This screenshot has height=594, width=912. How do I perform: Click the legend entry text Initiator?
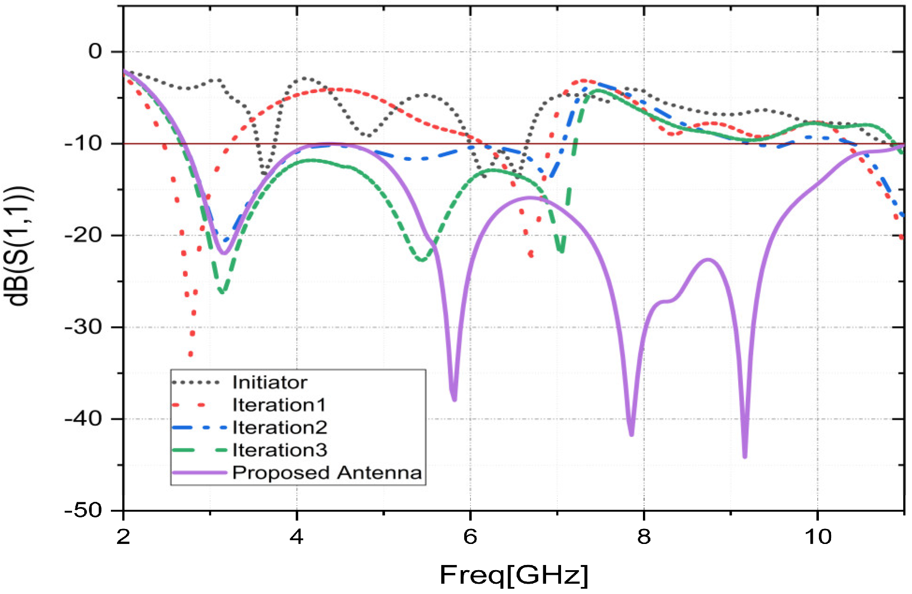[x=270, y=383]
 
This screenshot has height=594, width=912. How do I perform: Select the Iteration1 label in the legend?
[x=279, y=405]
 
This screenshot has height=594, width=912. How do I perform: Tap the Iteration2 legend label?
[x=279, y=427]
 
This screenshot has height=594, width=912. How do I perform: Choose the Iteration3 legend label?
[x=279, y=450]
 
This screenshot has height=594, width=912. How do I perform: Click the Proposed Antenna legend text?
[x=327, y=472]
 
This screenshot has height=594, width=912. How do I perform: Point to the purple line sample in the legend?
[x=199, y=472]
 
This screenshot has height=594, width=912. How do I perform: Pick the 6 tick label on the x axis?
[x=470, y=536]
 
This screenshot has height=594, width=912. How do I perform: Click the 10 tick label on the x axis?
[x=817, y=536]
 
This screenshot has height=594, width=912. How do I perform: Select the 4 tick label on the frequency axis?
[x=296, y=536]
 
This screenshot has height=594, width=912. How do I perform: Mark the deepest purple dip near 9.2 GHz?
[x=744, y=456]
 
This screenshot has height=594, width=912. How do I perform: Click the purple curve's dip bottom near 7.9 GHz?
[x=631, y=434]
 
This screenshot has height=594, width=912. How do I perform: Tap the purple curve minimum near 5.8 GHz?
[x=454, y=399]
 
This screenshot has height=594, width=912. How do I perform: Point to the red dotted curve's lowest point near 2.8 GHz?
[x=190, y=354]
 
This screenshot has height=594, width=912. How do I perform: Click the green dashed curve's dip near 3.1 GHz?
[x=222, y=292]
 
